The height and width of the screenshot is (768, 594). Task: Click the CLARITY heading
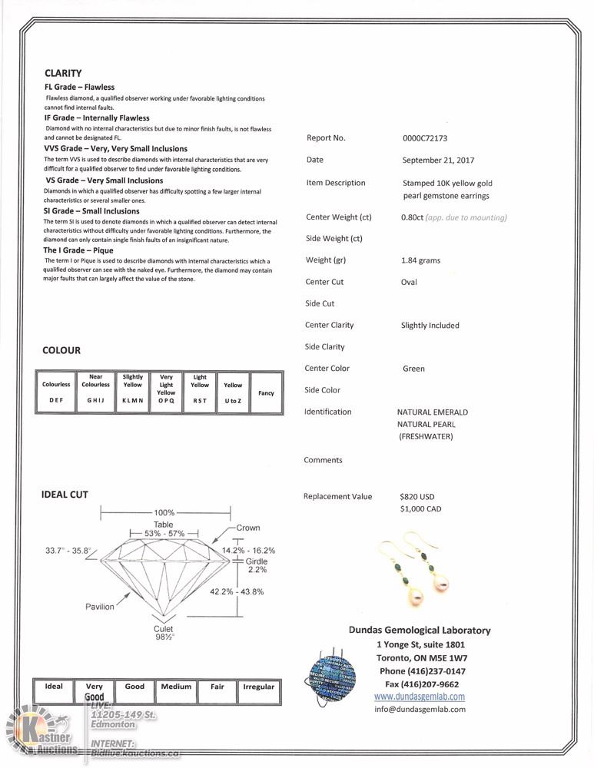[x=63, y=73]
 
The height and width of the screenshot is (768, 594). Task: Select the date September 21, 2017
[x=438, y=161]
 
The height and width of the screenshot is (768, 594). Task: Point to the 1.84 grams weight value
[x=420, y=260]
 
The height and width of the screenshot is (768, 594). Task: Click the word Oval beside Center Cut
[x=409, y=282]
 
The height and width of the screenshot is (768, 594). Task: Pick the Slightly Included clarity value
[x=430, y=326]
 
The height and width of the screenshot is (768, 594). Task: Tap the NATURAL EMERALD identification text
[x=432, y=412]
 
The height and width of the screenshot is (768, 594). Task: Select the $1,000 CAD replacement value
[x=420, y=509]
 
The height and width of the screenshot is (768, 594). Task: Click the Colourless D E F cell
[x=56, y=392]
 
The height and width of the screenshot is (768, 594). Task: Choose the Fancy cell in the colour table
[x=266, y=392]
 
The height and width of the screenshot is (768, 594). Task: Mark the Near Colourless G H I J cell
[x=96, y=392]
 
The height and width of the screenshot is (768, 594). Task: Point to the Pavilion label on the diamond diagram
[x=99, y=607]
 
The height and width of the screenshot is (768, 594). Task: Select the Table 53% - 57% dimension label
[x=163, y=529]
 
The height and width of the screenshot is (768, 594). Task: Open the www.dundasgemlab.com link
[x=419, y=697]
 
